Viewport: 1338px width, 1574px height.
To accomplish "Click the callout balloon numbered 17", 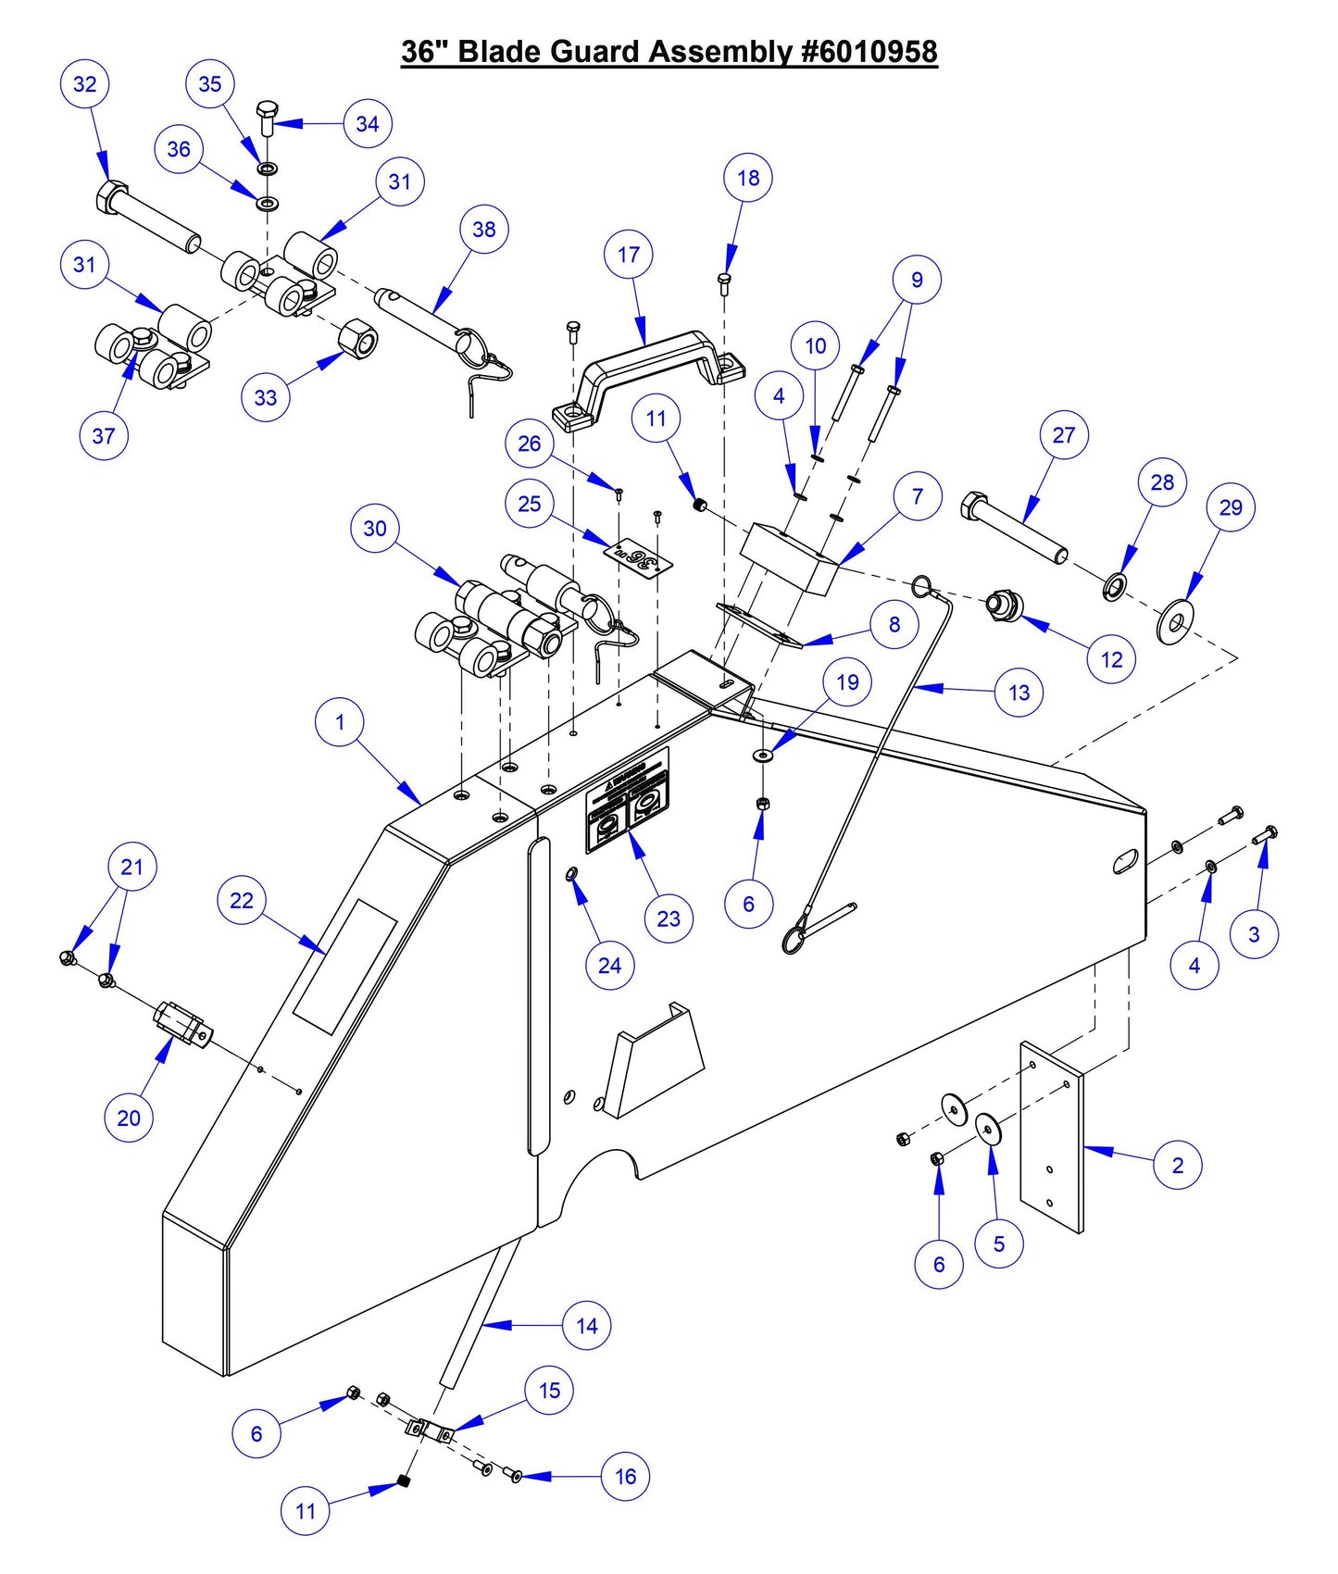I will (x=629, y=255).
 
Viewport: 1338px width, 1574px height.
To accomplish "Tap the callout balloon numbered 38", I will (x=484, y=230).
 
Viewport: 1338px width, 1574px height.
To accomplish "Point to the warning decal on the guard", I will (x=627, y=801).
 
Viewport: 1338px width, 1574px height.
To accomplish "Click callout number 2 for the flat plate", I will (x=1177, y=1165).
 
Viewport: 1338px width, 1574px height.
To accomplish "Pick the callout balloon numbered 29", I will (x=1231, y=507).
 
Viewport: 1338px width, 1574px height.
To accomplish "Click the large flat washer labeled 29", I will (x=1176, y=620).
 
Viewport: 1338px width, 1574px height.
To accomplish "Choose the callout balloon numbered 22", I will (x=242, y=900).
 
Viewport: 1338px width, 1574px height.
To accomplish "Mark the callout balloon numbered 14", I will (x=587, y=1326).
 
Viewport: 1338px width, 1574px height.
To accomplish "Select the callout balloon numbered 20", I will (x=129, y=1118).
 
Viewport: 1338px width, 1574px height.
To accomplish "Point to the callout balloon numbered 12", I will (x=1111, y=659).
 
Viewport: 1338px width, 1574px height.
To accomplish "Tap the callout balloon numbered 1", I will (x=340, y=722).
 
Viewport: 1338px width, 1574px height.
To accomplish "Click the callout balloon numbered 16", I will (x=625, y=1476).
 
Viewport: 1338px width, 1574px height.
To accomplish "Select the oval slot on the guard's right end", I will (x=1128, y=861).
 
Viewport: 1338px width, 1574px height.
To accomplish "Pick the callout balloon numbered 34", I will (x=368, y=124).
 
